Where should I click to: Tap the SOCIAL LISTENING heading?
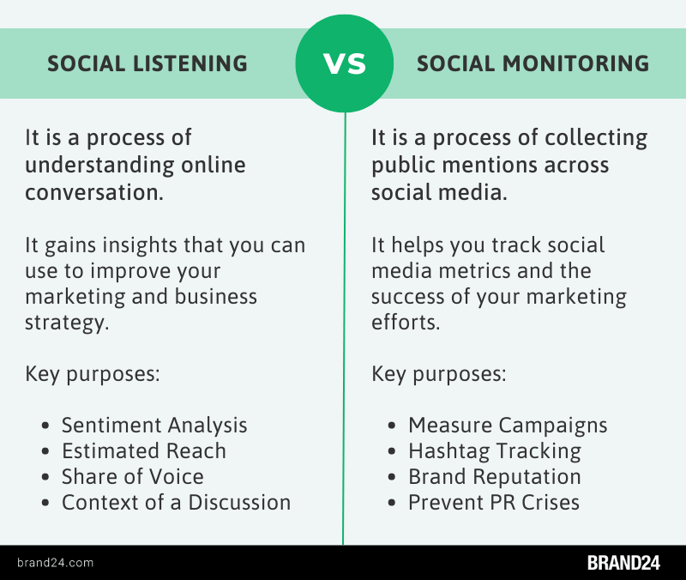[x=147, y=63]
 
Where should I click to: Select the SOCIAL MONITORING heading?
[x=533, y=63]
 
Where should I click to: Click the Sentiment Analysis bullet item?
[x=154, y=425]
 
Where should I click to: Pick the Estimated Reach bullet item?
[x=143, y=450]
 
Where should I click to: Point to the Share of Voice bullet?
[x=132, y=476]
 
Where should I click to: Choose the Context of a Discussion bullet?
[x=176, y=502]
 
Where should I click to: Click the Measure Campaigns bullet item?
[x=508, y=425]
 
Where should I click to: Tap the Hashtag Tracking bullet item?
[x=495, y=450]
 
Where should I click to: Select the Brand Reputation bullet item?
[x=495, y=476]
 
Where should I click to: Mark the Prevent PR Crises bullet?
[x=494, y=502]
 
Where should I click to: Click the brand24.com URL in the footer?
[x=55, y=563]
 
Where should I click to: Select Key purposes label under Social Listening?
[x=93, y=374]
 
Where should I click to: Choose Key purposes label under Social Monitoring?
[x=439, y=374]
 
